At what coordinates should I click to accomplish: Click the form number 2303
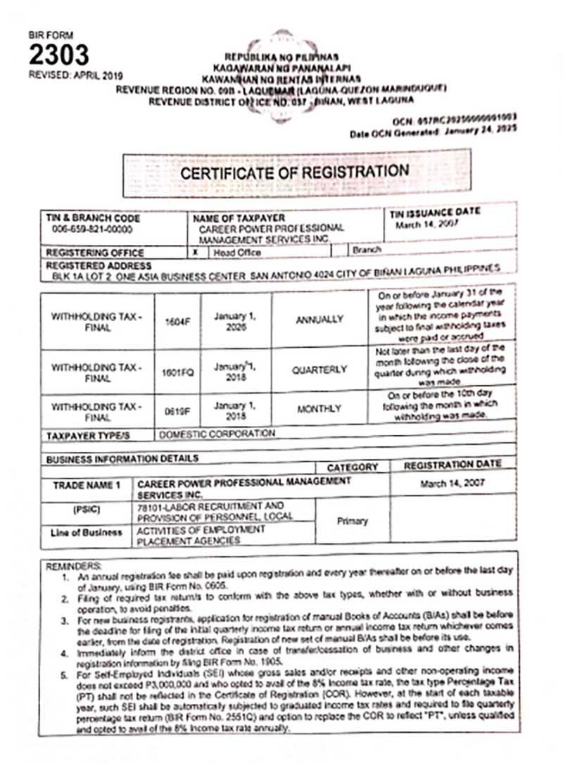point(58,54)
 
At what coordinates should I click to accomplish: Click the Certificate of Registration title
point(294,172)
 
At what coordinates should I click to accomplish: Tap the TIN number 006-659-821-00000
point(91,230)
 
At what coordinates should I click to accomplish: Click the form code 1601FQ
point(177,370)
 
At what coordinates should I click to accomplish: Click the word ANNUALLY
point(320,320)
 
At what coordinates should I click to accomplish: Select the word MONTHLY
point(320,408)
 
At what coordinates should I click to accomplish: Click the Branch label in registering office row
point(368,250)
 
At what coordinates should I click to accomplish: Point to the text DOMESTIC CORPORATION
point(217,434)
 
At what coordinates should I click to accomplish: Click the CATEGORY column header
point(353,467)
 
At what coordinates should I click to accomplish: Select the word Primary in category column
point(352,522)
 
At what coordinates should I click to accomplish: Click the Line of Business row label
point(87,533)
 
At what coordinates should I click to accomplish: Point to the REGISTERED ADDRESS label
point(99,266)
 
